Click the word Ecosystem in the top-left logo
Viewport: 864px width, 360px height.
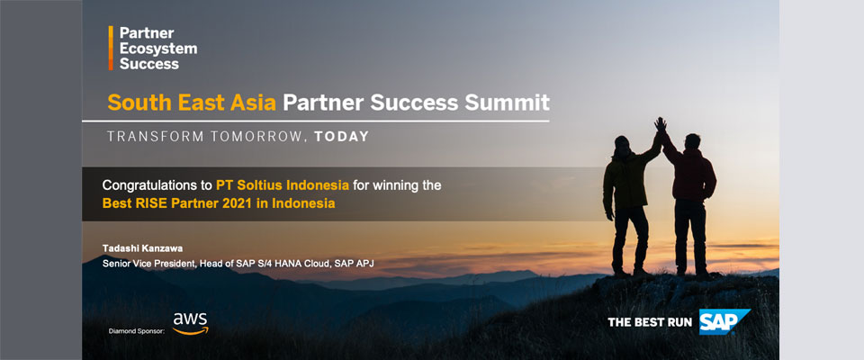(x=158, y=49)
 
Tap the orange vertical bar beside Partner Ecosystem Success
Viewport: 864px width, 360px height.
(x=111, y=48)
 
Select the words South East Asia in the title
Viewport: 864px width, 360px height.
(x=192, y=103)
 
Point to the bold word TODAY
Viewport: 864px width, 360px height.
(x=342, y=137)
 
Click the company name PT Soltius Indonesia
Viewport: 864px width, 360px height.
(x=282, y=185)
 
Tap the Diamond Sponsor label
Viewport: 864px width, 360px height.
(x=137, y=332)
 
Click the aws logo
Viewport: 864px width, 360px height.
(x=191, y=324)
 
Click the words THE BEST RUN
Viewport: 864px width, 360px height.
(x=650, y=322)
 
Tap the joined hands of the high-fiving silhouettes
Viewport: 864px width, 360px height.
(x=660, y=125)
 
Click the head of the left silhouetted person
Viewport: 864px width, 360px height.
(x=622, y=144)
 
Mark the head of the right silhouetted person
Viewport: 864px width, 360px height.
(x=693, y=141)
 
